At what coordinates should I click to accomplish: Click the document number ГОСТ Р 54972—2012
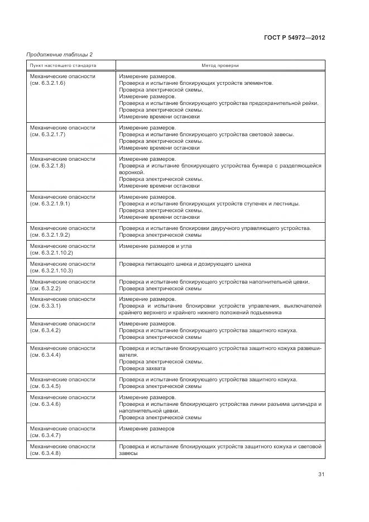pyautogui.click(x=294, y=38)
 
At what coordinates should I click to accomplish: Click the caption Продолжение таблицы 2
pyautogui.click(x=60, y=55)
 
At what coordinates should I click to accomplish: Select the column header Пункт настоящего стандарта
pyautogui.click(x=63, y=66)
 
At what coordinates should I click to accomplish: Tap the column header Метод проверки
pyautogui.click(x=220, y=66)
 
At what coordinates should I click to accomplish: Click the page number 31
pyautogui.click(x=321, y=475)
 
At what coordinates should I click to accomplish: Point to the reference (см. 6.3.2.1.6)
pyautogui.click(x=47, y=83)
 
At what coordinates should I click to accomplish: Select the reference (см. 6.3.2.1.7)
pyautogui.click(x=47, y=135)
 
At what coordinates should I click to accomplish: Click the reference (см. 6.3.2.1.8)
pyautogui.click(x=47, y=166)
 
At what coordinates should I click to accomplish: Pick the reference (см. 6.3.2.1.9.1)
pyautogui.click(x=50, y=204)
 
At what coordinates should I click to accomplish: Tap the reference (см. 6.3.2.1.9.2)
pyautogui.click(x=50, y=235)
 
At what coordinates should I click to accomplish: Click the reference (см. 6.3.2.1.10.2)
pyautogui.click(x=51, y=253)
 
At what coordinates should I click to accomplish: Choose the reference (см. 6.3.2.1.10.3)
pyautogui.click(x=51, y=271)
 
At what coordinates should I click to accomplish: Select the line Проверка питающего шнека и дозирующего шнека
pyautogui.click(x=185, y=264)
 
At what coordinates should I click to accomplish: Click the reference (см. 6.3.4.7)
pyautogui.click(x=45, y=435)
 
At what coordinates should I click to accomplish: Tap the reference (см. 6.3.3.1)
pyautogui.click(x=45, y=306)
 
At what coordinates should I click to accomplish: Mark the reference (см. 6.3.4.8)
pyautogui.click(x=45, y=453)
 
